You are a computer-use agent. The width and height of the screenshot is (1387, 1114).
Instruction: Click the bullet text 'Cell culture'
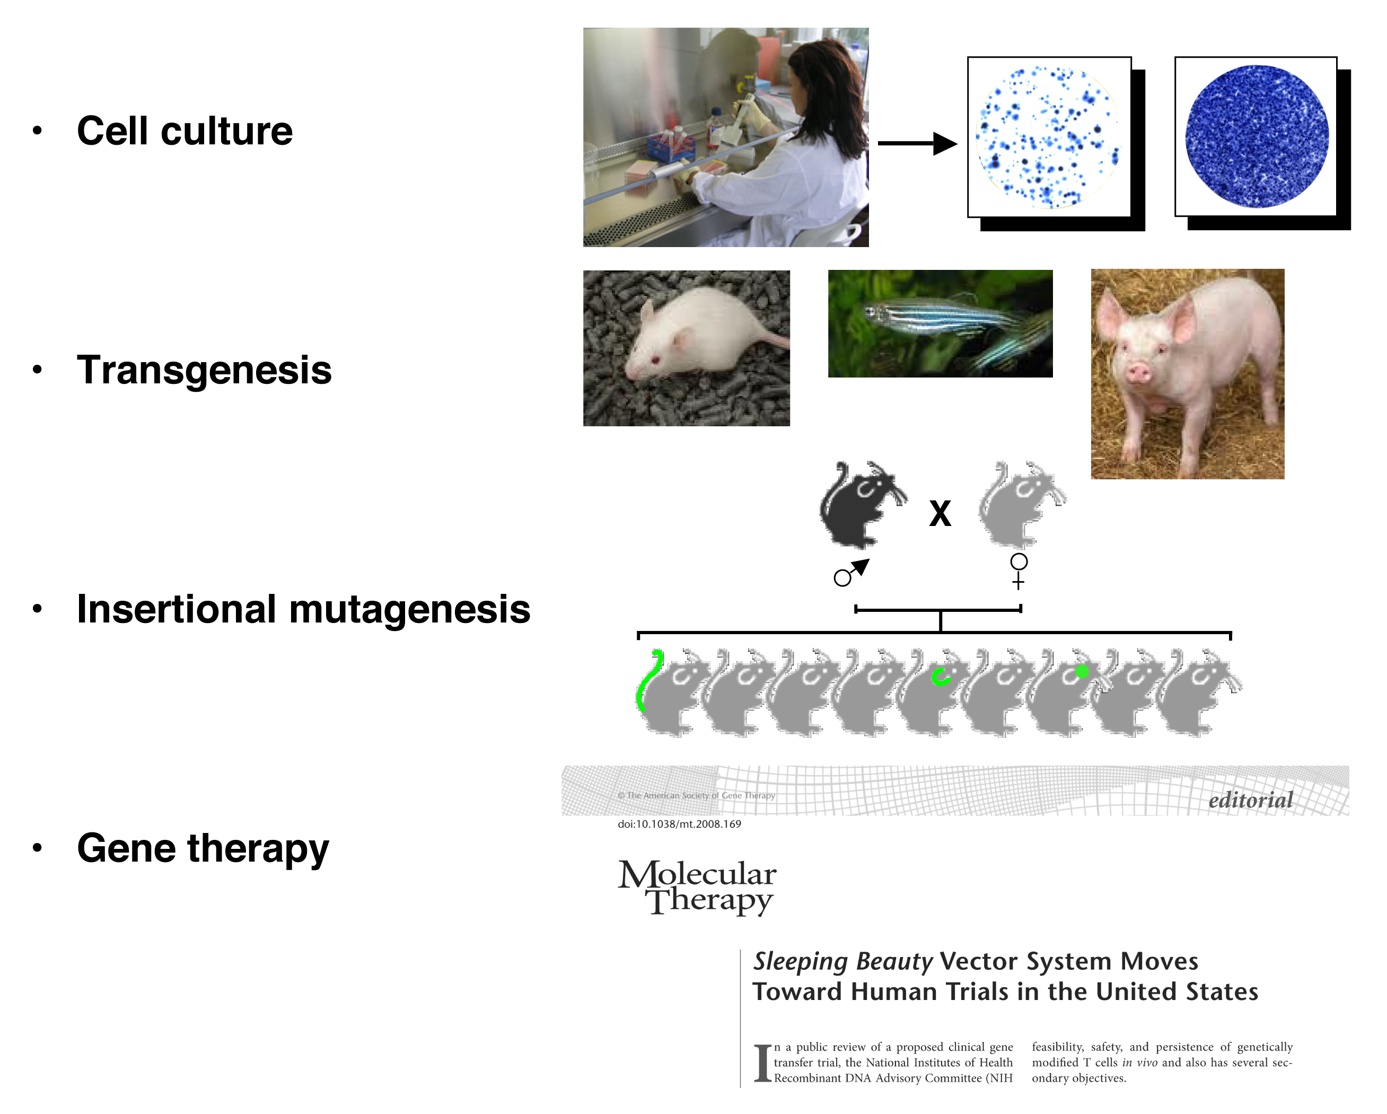(x=185, y=131)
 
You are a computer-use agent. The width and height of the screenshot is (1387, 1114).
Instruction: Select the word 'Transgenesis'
(x=204, y=370)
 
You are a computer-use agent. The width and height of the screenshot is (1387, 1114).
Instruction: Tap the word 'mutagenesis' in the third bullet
(x=410, y=609)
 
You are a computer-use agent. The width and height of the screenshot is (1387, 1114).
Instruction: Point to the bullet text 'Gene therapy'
(x=203, y=848)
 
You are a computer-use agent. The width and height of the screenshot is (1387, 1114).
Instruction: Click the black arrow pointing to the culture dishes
(x=917, y=144)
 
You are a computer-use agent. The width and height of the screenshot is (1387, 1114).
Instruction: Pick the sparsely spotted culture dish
(x=1049, y=137)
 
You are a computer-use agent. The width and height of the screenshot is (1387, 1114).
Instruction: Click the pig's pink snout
(x=1137, y=372)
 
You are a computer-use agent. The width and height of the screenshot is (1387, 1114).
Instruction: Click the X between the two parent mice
(x=940, y=514)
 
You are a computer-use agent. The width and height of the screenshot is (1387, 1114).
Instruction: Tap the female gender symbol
(x=1019, y=571)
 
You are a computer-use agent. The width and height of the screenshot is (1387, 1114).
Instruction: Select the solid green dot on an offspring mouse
(x=1082, y=671)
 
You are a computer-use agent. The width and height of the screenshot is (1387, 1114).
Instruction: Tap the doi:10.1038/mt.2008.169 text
(x=679, y=824)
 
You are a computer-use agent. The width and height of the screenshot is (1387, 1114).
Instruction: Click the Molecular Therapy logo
(x=697, y=887)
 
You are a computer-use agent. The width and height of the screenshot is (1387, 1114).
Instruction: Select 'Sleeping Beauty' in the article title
(x=842, y=962)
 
